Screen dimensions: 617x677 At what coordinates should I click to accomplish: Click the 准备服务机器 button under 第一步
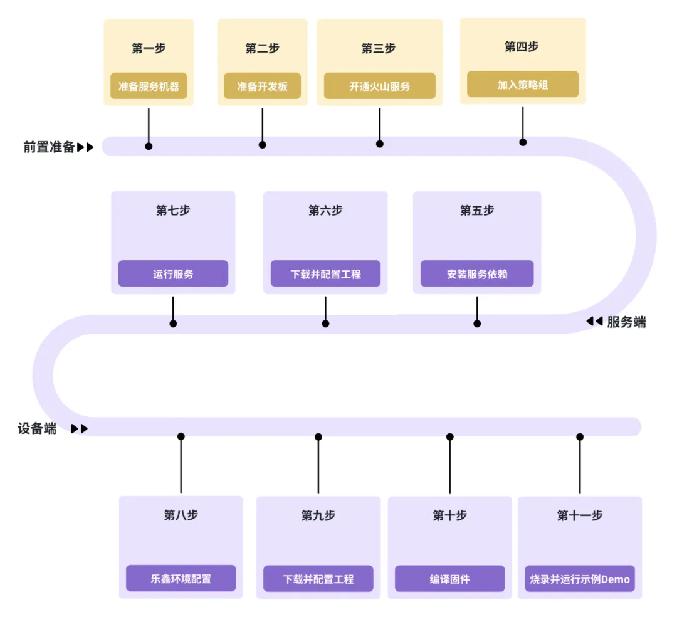pyautogui.click(x=149, y=87)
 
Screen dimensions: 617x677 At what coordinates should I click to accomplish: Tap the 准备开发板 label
pyautogui.click(x=262, y=87)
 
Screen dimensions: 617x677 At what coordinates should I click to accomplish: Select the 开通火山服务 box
pyautogui.click(x=379, y=87)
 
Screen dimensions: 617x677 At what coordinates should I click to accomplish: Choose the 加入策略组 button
pyautogui.click(x=523, y=85)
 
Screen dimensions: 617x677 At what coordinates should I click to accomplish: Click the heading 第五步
pyautogui.click(x=476, y=211)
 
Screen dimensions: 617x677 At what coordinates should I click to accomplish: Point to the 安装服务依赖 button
pyautogui.click(x=476, y=274)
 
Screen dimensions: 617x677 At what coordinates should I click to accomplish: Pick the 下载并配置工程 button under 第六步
pyautogui.click(x=325, y=274)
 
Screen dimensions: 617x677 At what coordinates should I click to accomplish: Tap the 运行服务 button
pyautogui.click(x=173, y=274)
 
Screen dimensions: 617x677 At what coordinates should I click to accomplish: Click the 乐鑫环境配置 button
pyautogui.click(x=181, y=579)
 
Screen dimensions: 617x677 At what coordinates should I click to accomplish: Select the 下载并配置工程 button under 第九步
pyautogui.click(x=318, y=579)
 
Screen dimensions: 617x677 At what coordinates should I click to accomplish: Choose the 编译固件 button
pyautogui.click(x=449, y=579)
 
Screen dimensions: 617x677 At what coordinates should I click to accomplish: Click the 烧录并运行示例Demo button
pyautogui.click(x=579, y=579)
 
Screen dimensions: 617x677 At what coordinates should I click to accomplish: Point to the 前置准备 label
pyautogui.click(x=50, y=147)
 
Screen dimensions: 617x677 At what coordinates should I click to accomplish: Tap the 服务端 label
pyautogui.click(x=626, y=322)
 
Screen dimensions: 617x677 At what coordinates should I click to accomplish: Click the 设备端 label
pyautogui.click(x=37, y=429)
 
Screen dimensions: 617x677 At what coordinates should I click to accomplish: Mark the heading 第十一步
pyautogui.click(x=579, y=515)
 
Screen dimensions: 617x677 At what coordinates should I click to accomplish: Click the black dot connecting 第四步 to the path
pyautogui.click(x=523, y=142)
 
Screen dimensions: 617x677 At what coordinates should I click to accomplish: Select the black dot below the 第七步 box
pyautogui.click(x=173, y=324)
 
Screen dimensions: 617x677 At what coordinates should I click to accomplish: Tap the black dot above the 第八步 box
pyautogui.click(x=181, y=436)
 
